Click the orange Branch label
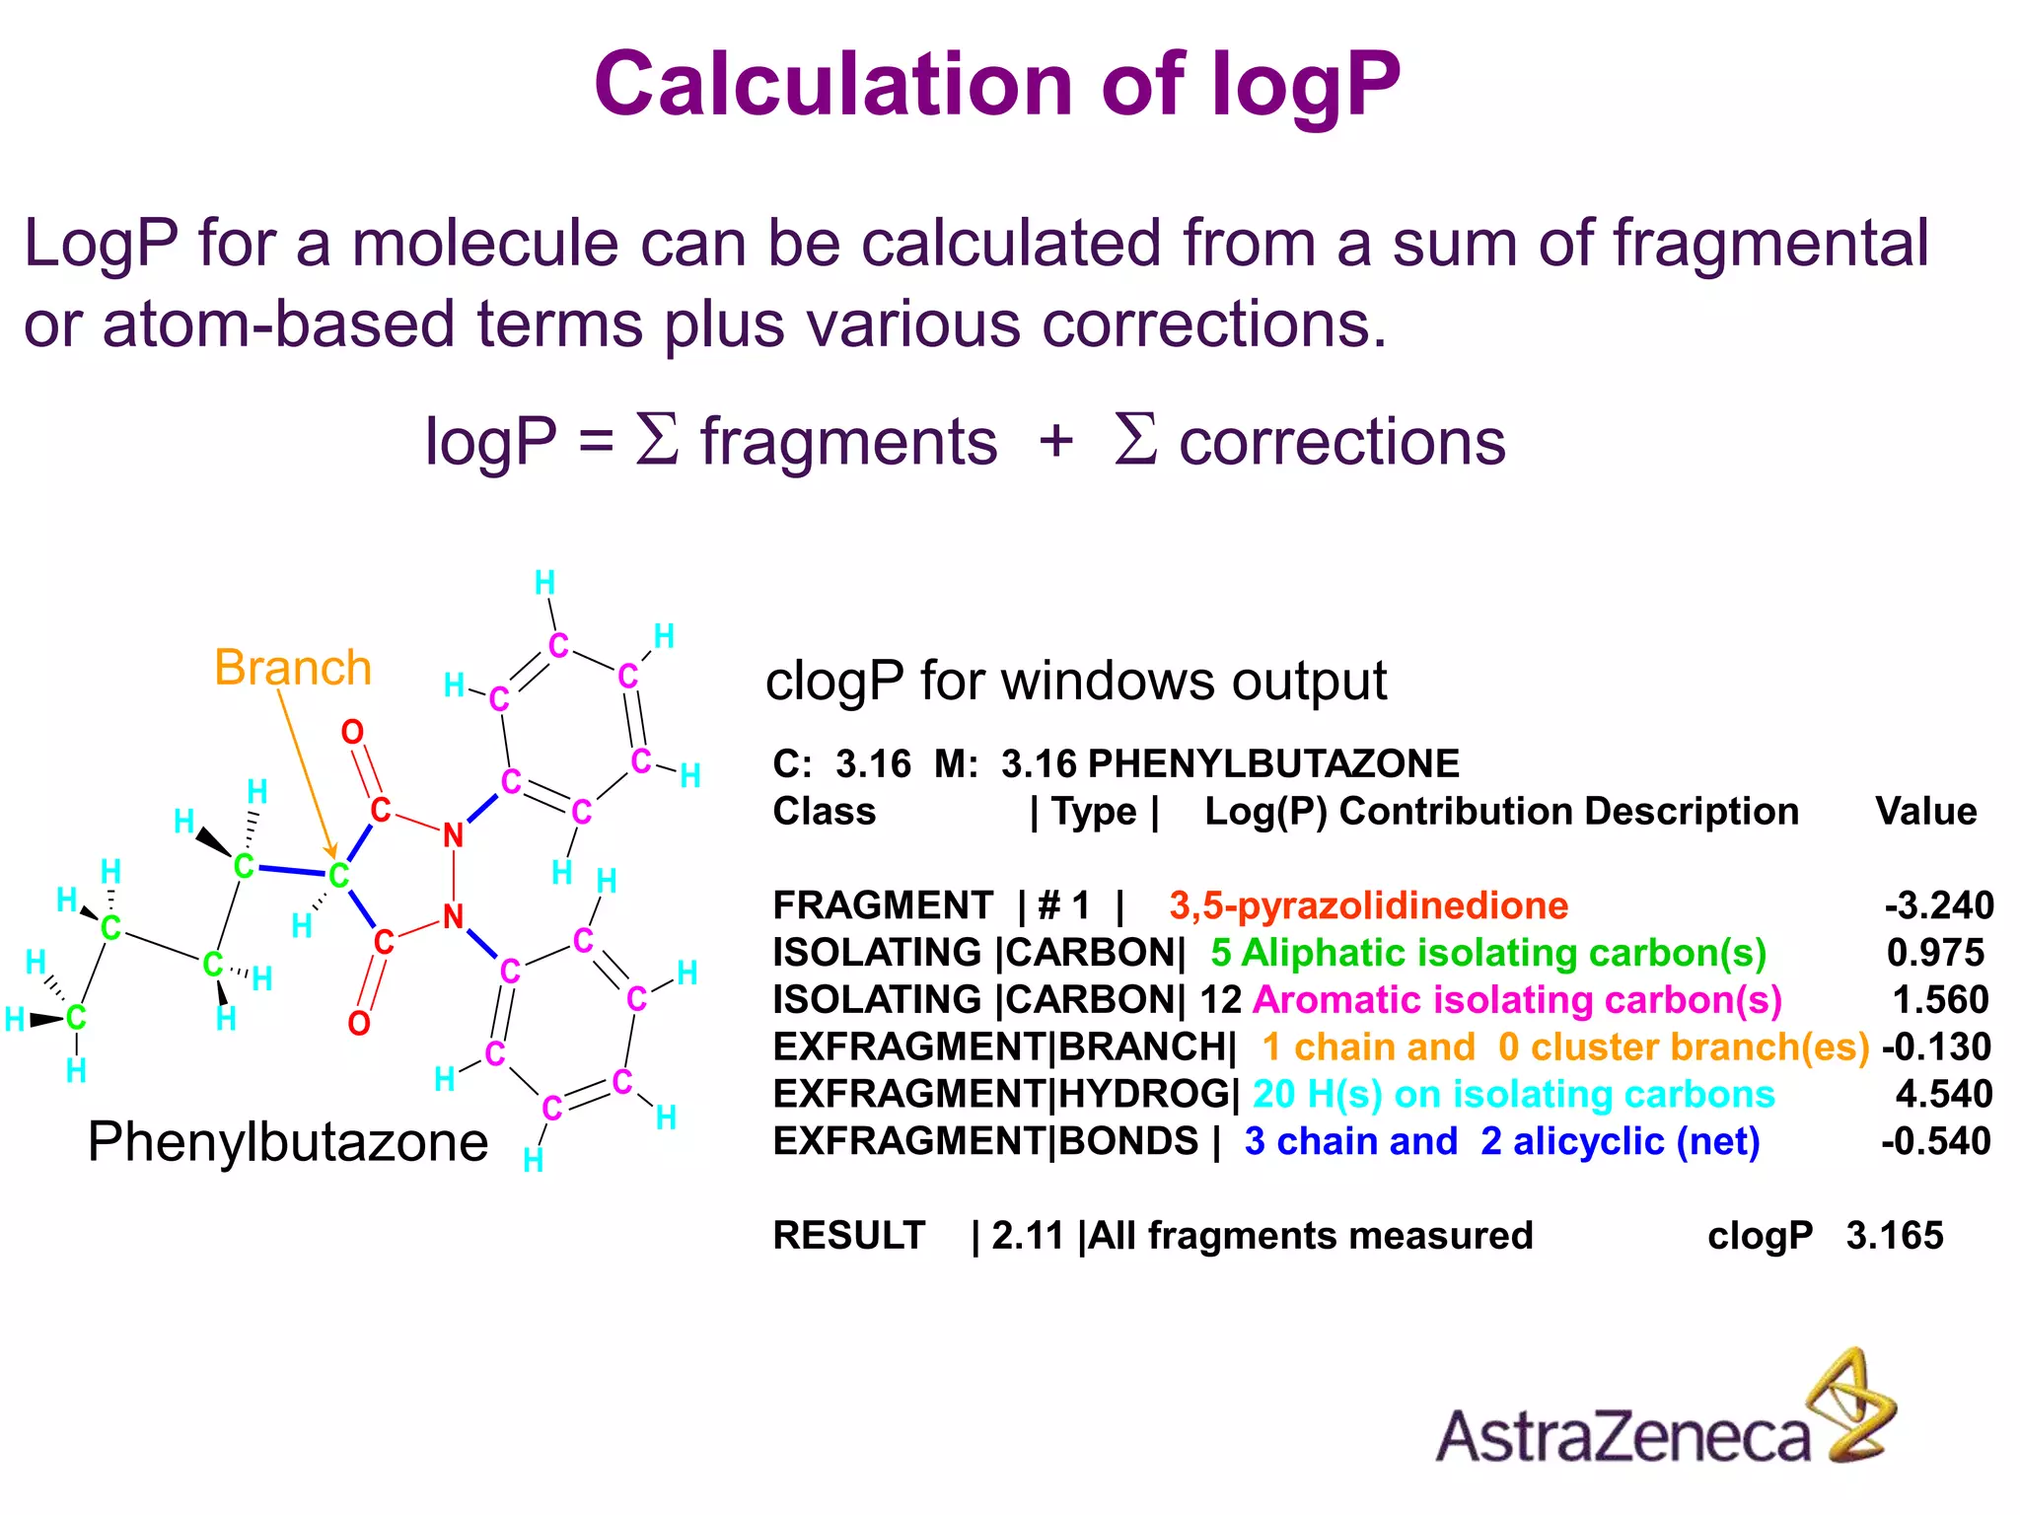click(x=293, y=668)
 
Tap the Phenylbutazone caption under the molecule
click(x=287, y=1142)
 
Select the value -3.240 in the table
click(x=1938, y=905)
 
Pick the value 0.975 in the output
click(x=1935, y=953)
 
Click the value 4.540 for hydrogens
click(x=1943, y=1094)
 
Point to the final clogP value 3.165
click(x=1895, y=1236)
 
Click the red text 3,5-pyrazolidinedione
click(x=1368, y=905)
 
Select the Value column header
click(x=1925, y=812)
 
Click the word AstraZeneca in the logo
click(x=1623, y=1435)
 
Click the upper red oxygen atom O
click(x=352, y=732)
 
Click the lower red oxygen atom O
click(x=359, y=1024)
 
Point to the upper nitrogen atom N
click(x=453, y=835)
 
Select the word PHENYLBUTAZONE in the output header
click(x=1273, y=764)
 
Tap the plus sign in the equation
click(x=1055, y=439)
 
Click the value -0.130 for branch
click(x=1936, y=1046)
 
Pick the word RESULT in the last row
click(x=848, y=1236)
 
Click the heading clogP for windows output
click(x=1075, y=682)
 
